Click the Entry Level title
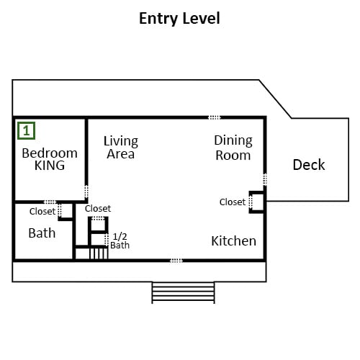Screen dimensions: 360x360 tap(179, 19)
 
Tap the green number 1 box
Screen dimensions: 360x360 tap(27, 131)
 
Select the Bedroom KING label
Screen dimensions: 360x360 tap(50, 159)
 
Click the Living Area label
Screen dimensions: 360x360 tap(121, 148)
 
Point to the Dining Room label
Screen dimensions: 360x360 tap(233, 148)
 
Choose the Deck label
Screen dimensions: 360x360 tap(309, 165)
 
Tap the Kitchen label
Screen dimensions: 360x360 tap(234, 241)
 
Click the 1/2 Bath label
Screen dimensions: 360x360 tap(120, 241)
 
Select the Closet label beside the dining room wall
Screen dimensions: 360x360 tap(233, 202)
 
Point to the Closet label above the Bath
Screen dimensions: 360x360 tap(42, 212)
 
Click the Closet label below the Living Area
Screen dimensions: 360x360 tap(98, 209)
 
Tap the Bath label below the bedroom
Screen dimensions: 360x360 tap(42, 233)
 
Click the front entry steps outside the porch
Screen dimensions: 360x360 tap(183, 293)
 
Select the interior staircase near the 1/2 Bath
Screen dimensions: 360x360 tap(99, 253)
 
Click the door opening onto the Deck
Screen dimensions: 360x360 tap(265, 179)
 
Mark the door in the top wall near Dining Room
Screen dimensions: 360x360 tap(215, 117)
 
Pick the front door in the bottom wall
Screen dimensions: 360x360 tap(176, 261)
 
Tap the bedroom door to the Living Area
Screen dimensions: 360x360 tap(86, 192)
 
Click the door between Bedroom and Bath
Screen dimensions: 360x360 tap(50, 202)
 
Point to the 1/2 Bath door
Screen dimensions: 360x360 tap(107, 240)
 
